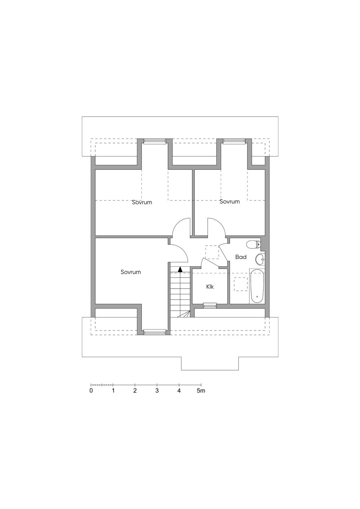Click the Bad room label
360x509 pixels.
point(241,257)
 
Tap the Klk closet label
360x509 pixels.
point(210,287)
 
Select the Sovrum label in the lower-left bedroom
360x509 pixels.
point(131,272)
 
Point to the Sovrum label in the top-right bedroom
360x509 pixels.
point(230,201)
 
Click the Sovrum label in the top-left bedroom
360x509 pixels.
point(142,202)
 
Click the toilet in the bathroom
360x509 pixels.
point(253,244)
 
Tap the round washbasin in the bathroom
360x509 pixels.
point(260,259)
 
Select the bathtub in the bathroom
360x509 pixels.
point(257,286)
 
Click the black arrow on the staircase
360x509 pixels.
point(180,270)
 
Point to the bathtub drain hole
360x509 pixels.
point(257,297)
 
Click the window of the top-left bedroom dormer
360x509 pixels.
point(155,141)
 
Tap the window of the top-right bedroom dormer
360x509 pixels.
point(234,141)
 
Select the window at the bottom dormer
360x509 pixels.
point(155,333)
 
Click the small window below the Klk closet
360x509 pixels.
point(210,305)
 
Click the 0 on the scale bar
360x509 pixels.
point(91,391)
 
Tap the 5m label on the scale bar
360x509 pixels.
point(201,391)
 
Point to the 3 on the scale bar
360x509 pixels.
point(157,391)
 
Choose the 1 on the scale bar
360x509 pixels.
point(113,391)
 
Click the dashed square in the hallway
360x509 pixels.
point(212,252)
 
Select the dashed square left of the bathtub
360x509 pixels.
point(241,284)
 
